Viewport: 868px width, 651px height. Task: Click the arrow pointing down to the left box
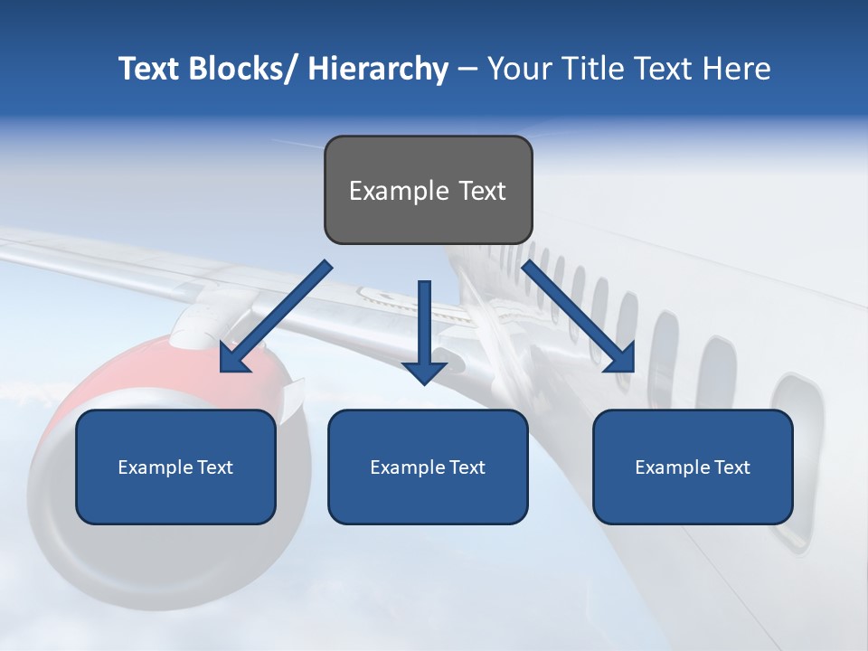(276, 316)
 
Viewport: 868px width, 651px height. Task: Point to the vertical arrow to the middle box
(424, 325)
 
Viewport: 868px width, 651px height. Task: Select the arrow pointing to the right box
(579, 316)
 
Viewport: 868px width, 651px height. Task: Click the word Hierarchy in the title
(378, 69)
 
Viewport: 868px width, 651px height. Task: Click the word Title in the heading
(590, 69)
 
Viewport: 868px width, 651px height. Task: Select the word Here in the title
(736, 69)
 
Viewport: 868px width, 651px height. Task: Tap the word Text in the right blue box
(731, 467)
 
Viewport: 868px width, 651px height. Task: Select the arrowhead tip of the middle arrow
(424, 382)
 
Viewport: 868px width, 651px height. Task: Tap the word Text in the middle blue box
(467, 467)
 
